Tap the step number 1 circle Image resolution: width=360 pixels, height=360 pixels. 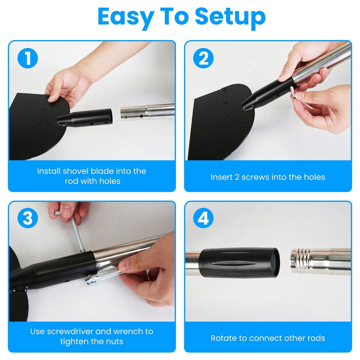27,59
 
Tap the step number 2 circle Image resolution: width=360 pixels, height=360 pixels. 203,59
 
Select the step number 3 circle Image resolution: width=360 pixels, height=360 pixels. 27,219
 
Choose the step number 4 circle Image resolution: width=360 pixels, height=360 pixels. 203,219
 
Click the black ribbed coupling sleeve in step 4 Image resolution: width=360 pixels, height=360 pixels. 239,263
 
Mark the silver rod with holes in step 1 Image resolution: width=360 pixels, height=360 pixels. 148,112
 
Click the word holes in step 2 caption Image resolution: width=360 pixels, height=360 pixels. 313,177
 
